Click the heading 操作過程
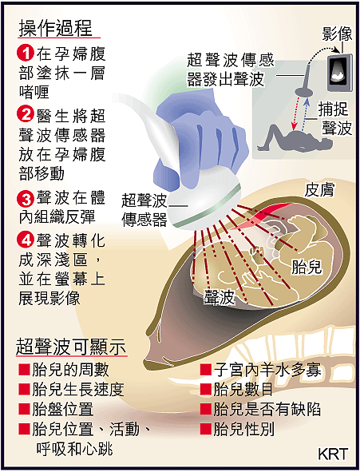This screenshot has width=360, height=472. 56,28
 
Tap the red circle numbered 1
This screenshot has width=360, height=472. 26,54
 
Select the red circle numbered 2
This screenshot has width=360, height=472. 26,114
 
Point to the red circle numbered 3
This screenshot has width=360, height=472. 26,199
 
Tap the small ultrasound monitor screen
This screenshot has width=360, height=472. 339,72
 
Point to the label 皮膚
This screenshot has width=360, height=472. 320,190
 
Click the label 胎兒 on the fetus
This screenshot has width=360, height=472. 307,267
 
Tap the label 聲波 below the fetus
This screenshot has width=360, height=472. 219,297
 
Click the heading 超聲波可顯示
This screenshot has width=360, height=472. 71,347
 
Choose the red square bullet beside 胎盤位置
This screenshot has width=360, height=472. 24,409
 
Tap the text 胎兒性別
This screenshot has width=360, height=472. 244,429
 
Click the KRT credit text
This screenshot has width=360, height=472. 333,454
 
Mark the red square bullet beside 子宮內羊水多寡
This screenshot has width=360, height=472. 206,370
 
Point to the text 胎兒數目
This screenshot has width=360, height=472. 243,389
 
